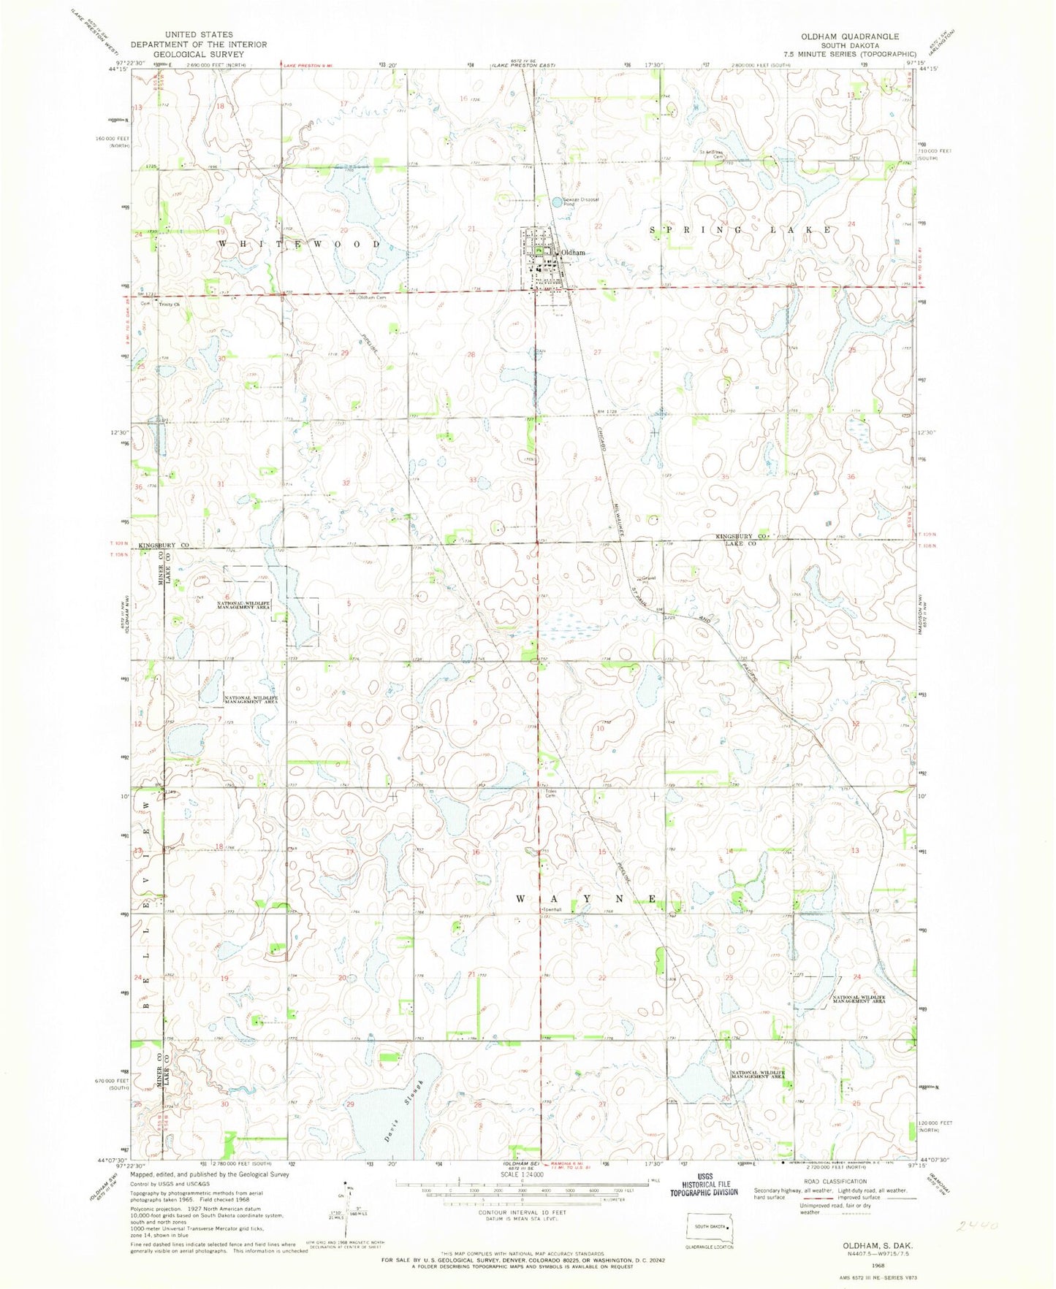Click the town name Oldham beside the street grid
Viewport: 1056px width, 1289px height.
[x=573, y=253]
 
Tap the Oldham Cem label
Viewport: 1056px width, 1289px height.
[x=371, y=298]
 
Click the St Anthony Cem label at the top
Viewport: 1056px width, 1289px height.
[x=710, y=154]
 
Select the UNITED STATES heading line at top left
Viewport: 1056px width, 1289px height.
[x=199, y=34]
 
